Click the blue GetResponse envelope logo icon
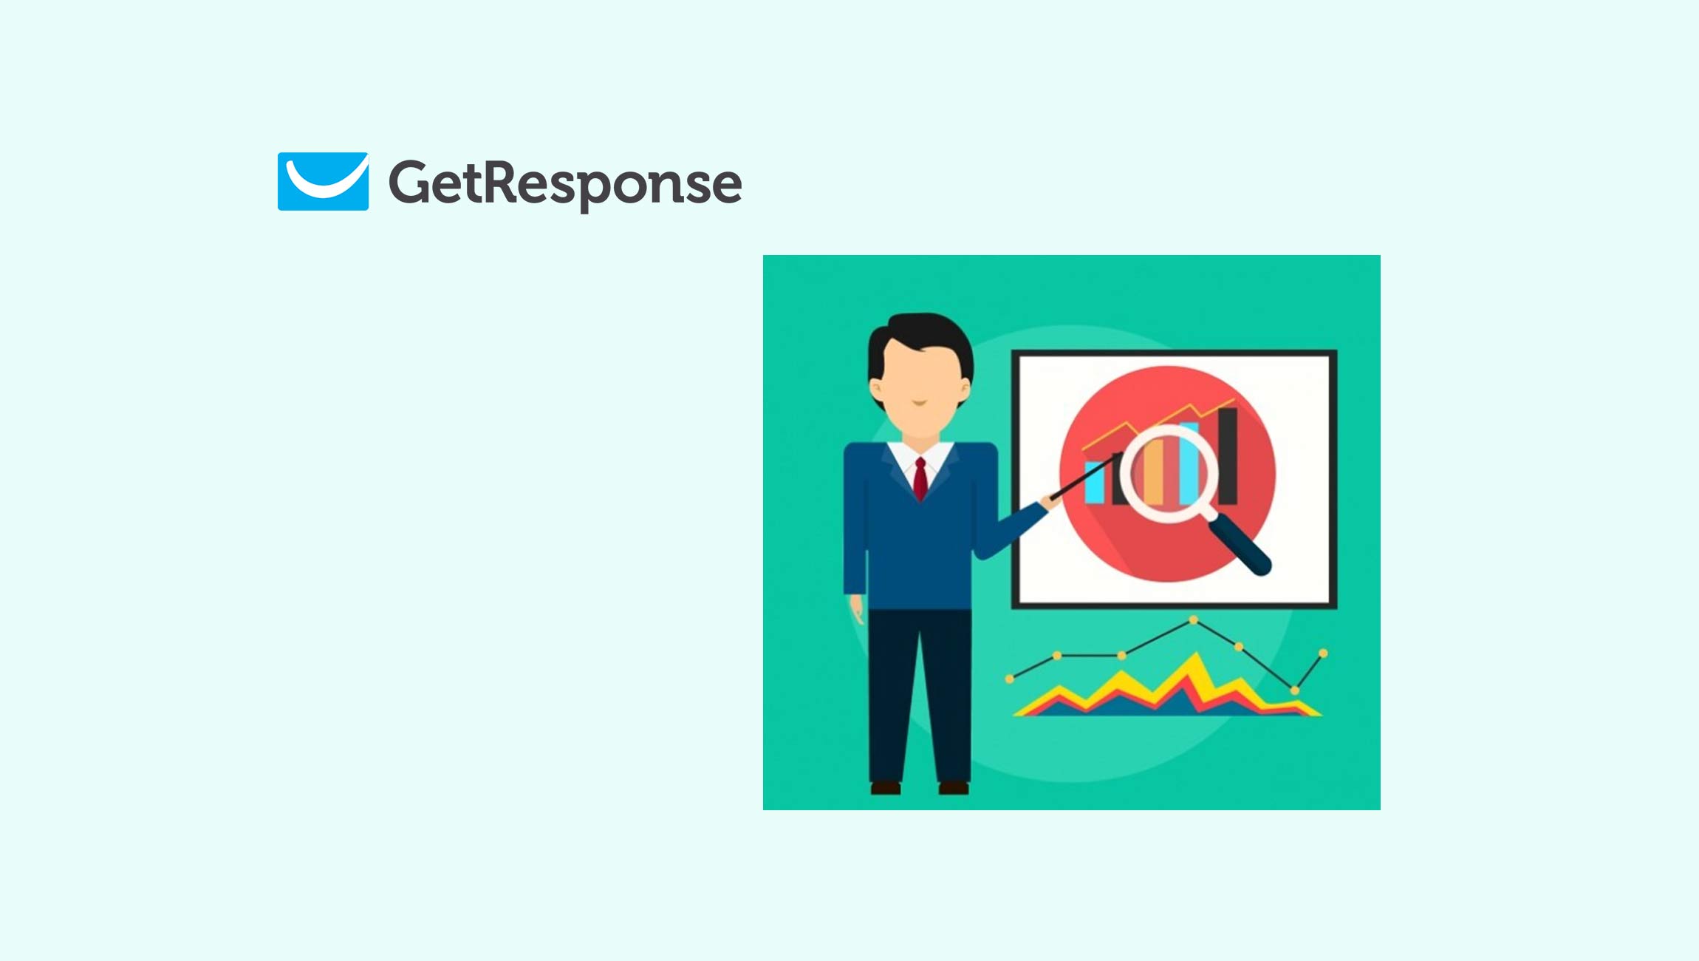(x=323, y=181)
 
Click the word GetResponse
(x=565, y=183)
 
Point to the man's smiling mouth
(x=919, y=404)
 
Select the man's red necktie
(x=920, y=479)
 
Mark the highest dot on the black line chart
(x=1194, y=620)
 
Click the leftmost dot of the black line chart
(x=1009, y=679)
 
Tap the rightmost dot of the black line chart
(x=1323, y=653)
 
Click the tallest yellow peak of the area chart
(x=1195, y=658)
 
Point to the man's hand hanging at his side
(x=857, y=611)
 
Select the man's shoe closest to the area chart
(x=954, y=788)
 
